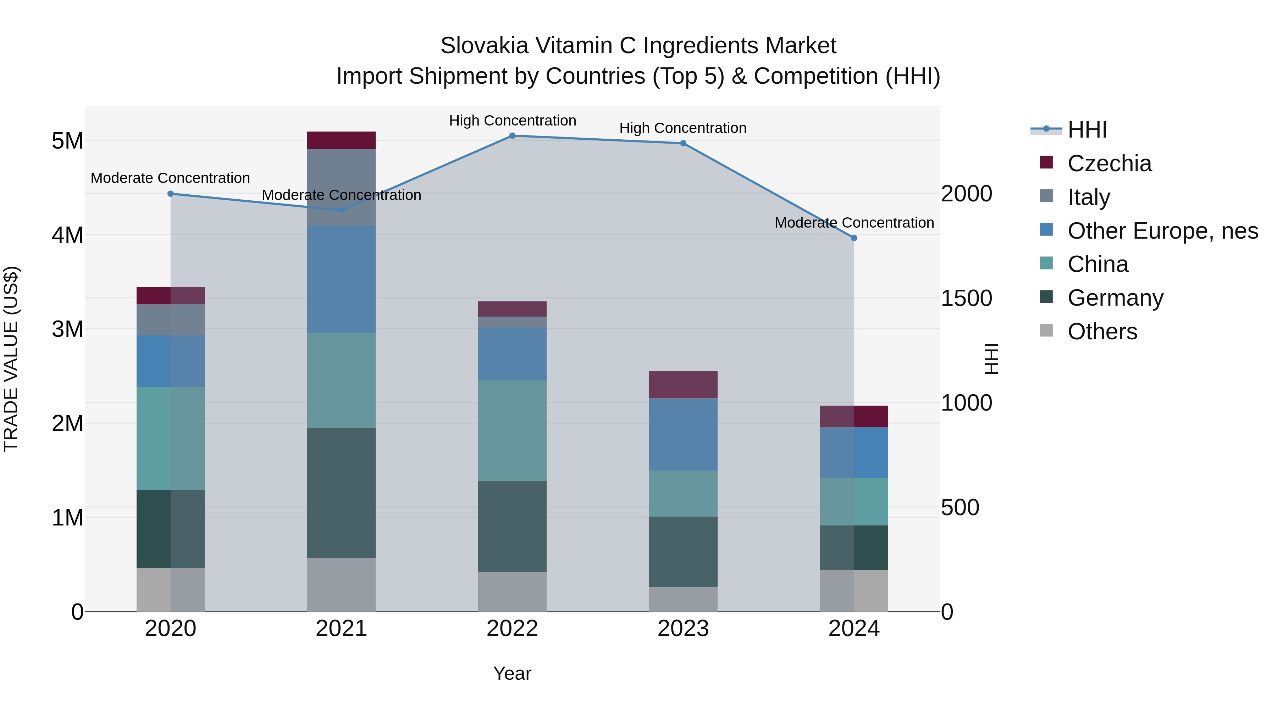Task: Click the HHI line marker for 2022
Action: pos(512,136)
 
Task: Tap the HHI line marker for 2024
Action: pos(854,238)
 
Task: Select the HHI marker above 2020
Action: pos(171,194)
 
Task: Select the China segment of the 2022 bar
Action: pos(512,430)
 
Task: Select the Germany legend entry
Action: pos(1115,298)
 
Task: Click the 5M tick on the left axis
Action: pos(67,141)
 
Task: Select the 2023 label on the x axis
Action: pos(683,629)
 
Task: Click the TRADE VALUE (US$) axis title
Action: pos(11,359)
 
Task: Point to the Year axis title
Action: pos(512,673)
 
